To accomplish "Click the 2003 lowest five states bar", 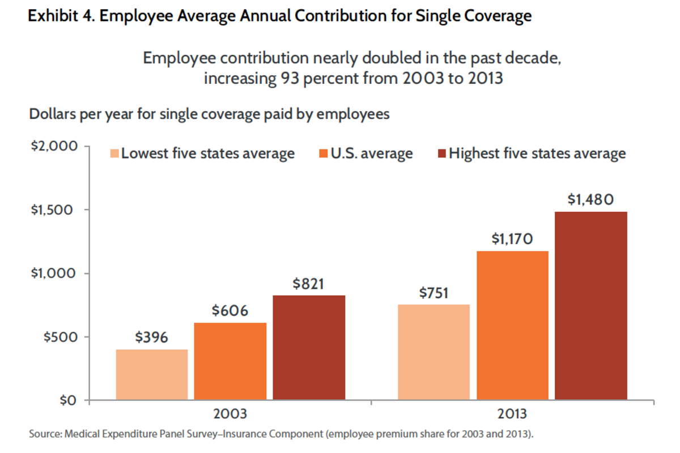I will (152, 375).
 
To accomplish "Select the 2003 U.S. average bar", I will (230, 361).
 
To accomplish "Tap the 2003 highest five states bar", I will (309, 348).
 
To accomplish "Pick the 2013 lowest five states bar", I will (433, 352).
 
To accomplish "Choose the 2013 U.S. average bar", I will (512, 326).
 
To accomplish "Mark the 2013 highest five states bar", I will (590, 306).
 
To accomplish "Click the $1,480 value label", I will (590, 200).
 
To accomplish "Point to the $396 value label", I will (152, 337).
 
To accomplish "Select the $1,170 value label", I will (512, 239).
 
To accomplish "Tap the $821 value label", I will (309, 284).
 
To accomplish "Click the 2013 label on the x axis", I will (512, 414).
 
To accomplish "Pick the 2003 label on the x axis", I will (230, 414).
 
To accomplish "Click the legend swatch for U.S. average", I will (324, 153).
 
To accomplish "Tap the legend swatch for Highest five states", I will (441, 153).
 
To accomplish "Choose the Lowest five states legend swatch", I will (114, 153).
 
